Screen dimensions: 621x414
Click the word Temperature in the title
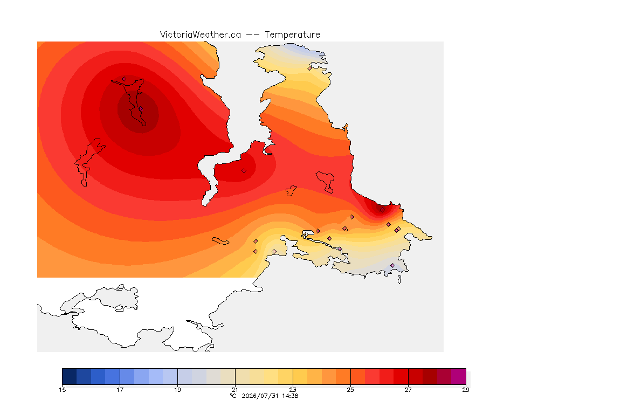[292, 35]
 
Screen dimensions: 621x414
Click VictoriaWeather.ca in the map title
[201, 35]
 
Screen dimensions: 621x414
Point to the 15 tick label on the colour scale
[62, 390]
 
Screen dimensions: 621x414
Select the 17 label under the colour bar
[120, 390]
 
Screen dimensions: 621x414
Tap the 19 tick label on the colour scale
[177, 390]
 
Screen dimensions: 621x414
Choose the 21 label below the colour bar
[235, 390]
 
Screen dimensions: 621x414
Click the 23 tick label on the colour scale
[293, 390]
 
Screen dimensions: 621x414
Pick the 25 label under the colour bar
[350, 390]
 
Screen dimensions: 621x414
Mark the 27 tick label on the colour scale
[408, 390]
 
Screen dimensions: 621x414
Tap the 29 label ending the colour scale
[466, 390]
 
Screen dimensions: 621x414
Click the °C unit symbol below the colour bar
[233, 396]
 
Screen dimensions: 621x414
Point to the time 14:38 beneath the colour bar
[290, 396]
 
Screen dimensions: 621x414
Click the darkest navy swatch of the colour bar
[70, 376]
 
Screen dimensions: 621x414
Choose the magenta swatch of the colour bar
[459, 376]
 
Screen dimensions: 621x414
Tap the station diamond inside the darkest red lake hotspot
[140, 109]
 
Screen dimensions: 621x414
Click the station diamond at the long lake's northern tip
[125, 79]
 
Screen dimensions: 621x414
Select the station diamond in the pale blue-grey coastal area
[392, 266]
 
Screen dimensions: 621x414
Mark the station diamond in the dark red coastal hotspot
[382, 210]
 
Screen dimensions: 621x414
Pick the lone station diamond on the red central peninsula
[244, 171]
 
